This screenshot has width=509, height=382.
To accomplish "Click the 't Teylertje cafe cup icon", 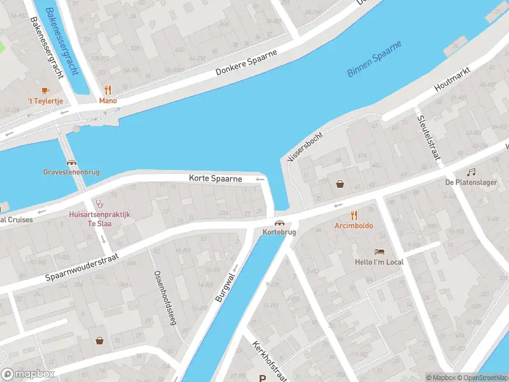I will (x=45, y=90).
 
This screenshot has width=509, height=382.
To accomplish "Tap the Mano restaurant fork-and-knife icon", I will (x=108, y=90).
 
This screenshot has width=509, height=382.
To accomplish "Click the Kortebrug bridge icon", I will (x=279, y=223).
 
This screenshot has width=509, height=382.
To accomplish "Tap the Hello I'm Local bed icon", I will (x=379, y=251).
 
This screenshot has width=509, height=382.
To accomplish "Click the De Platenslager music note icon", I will (x=471, y=172).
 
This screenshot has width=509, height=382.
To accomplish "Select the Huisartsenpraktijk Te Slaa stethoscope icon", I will (x=99, y=204).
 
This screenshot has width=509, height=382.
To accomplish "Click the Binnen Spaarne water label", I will (x=375, y=59).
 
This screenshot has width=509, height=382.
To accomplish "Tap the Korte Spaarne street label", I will (x=215, y=179).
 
